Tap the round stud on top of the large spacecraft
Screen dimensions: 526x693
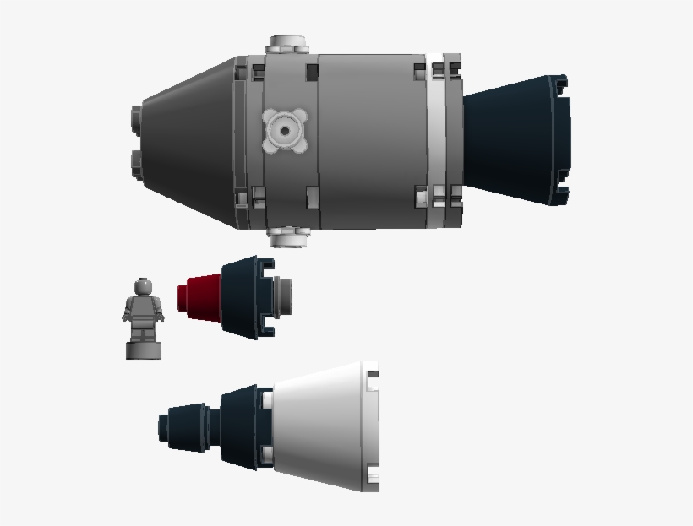[x=286, y=44]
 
